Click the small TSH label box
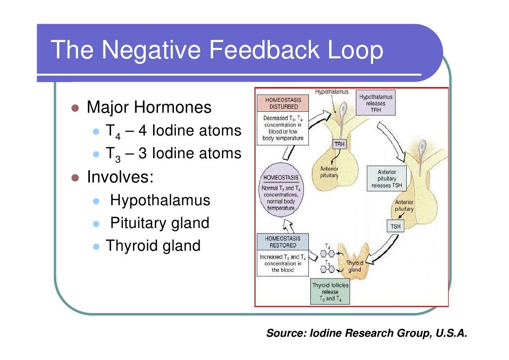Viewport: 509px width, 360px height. (x=394, y=227)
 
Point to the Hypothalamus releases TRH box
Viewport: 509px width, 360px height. (x=376, y=104)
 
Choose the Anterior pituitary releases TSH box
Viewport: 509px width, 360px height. (x=387, y=179)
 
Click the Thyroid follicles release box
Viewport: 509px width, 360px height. (x=330, y=292)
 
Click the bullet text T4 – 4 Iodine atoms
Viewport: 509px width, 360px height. (x=173, y=132)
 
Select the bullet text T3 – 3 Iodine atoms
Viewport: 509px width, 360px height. (x=173, y=154)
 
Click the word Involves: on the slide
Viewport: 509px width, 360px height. (x=120, y=177)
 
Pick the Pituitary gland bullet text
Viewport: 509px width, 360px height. (x=160, y=223)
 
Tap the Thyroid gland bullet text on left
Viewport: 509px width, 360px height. (x=153, y=245)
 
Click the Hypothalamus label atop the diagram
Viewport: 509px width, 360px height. (x=332, y=92)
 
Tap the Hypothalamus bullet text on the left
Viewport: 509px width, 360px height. (x=160, y=200)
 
